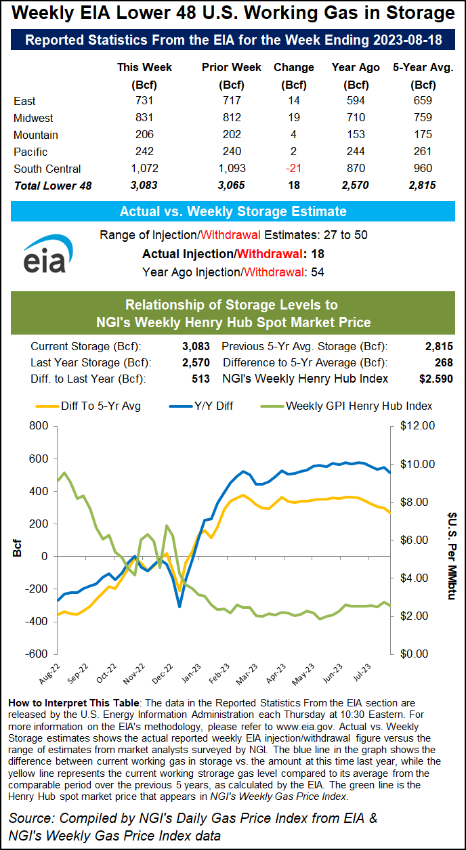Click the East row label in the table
24,101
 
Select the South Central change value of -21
294,169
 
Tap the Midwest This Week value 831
144,118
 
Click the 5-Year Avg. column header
423,68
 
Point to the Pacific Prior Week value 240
223,152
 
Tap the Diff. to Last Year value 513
200,379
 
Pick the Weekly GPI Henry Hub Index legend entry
345,406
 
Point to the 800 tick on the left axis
38,427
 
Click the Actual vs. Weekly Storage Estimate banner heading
233,211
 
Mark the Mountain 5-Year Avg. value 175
423,135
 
